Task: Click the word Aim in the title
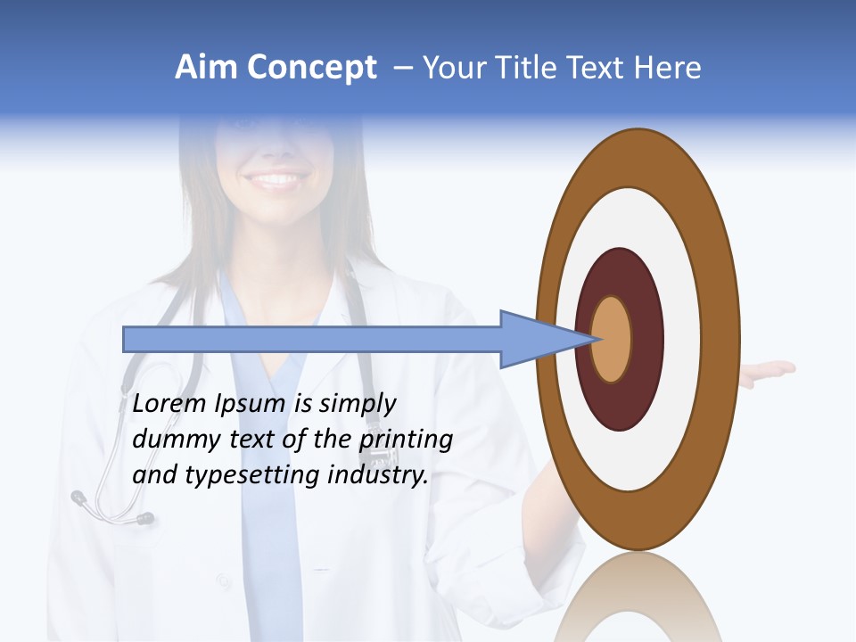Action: (206, 68)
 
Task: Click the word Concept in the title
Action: (311, 68)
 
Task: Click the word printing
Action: (406, 440)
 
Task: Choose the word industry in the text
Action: (378, 475)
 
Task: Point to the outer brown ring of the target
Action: (727, 340)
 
